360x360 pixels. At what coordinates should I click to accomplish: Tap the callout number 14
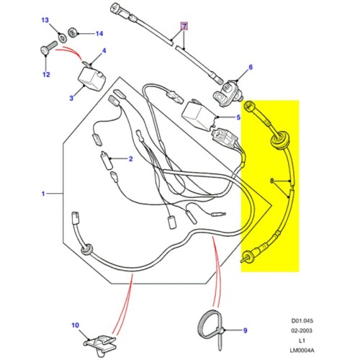pos(99,33)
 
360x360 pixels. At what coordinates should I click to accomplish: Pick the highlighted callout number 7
pos(184,27)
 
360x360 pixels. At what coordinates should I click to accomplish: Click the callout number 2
pos(132,158)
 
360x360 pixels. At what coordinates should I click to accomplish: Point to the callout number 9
pos(244,330)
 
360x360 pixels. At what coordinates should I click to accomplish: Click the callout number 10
pos(73,325)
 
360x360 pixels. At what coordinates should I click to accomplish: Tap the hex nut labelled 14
pos(75,32)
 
